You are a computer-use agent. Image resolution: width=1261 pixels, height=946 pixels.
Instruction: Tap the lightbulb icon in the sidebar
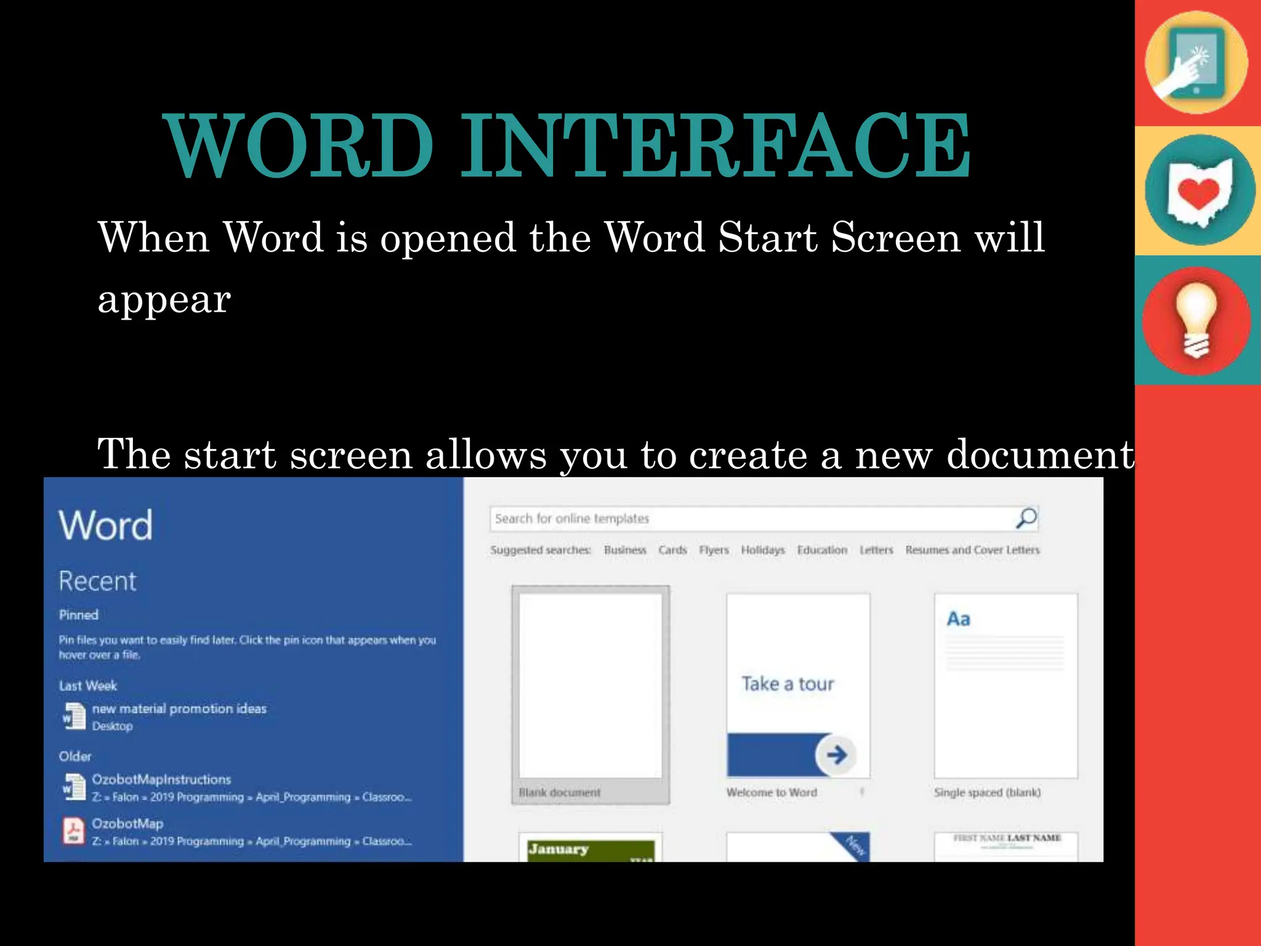(1196, 320)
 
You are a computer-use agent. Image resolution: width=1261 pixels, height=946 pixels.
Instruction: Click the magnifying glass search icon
(1026, 519)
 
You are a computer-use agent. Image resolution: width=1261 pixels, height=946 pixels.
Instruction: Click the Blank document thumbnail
(590, 685)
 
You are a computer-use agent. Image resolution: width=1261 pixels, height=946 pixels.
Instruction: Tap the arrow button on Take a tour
(836, 754)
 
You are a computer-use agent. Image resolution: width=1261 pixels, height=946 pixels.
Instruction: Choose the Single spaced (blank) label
(987, 793)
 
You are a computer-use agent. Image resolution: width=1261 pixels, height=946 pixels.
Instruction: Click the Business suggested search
(625, 550)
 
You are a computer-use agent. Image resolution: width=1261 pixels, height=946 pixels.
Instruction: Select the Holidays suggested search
(763, 550)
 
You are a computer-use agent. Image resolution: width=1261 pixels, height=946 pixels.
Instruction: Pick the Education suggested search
(822, 550)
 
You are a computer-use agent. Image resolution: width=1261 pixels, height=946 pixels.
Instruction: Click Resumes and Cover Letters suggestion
(972, 550)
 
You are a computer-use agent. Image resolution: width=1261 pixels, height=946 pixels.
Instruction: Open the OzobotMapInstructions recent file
(161, 780)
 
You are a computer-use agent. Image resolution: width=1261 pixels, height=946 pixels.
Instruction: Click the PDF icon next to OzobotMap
(74, 831)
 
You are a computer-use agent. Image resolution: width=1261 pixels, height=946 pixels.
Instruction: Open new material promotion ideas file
(179, 709)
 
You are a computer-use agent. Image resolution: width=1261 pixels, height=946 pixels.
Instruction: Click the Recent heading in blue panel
(97, 581)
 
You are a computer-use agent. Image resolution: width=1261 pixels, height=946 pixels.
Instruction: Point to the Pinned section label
(79, 615)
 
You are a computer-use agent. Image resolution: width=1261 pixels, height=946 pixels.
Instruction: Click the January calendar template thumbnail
(590, 848)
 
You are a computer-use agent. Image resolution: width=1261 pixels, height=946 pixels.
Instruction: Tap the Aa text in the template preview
(958, 619)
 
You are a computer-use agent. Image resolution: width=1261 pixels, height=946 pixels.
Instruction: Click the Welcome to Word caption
(772, 793)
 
